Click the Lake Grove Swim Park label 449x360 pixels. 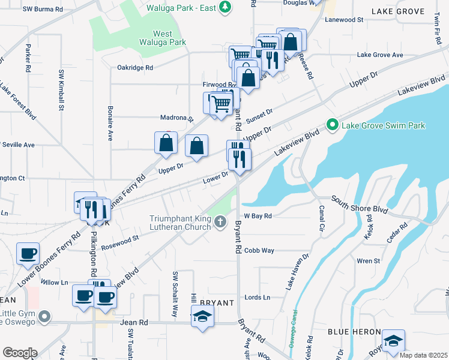383,125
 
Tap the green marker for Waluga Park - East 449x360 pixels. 224,7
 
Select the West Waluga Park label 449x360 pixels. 162,38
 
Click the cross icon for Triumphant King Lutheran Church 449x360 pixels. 220,223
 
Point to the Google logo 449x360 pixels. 19,353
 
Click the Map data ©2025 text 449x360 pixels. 423,355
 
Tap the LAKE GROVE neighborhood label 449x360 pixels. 397,11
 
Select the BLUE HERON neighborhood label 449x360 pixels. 354,332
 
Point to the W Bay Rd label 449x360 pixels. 258,215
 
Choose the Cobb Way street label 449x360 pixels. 259,250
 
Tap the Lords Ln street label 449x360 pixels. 258,297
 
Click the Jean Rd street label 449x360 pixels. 134,322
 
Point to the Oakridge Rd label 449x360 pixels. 135,68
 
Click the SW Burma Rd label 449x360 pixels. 42,10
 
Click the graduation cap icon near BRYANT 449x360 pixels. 203,316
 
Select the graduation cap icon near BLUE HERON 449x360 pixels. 393,341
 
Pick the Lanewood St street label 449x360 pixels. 344,20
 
